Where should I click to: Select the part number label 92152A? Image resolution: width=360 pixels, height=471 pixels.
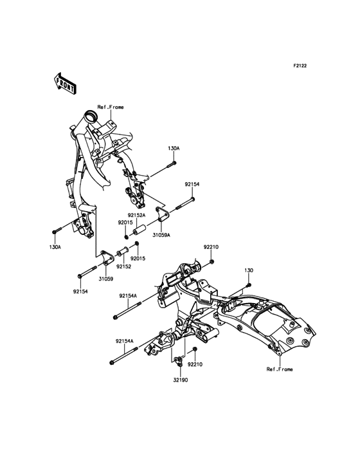pyautogui.click(x=136, y=215)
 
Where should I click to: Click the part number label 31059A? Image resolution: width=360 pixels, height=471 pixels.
pyautogui.click(x=161, y=235)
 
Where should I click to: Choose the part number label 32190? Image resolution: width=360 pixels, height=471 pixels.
pyautogui.click(x=180, y=380)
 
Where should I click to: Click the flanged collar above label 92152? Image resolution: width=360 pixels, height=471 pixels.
pyautogui.click(x=120, y=252)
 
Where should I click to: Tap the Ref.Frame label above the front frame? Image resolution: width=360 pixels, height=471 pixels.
pyautogui.click(x=110, y=107)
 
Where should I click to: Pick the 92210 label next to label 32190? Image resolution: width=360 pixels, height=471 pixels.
pyautogui.click(x=195, y=364)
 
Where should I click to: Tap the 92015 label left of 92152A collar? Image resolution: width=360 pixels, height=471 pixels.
pyautogui.click(x=125, y=222)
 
